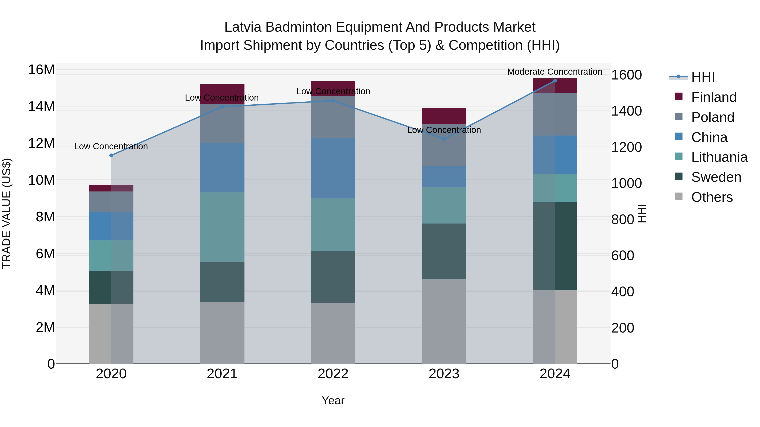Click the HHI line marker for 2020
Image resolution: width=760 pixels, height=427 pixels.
point(111,155)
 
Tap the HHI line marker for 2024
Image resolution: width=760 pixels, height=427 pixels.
point(555,81)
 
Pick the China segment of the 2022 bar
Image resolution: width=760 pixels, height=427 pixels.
point(333,168)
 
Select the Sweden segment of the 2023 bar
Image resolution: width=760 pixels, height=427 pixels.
point(444,251)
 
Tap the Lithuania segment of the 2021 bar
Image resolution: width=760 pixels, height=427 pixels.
point(222,227)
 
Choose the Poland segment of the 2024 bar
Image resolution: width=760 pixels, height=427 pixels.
point(555,114)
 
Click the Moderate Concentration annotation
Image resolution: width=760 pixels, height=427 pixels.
point(555,72)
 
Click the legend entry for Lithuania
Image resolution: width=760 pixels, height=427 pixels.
point(719,157)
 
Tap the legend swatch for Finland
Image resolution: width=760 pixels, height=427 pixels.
point(679,97)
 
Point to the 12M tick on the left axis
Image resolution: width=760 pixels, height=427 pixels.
point(41,144)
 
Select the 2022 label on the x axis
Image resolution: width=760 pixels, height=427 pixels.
point(333,374)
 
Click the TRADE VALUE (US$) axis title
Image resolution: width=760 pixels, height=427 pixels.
point(7,213)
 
